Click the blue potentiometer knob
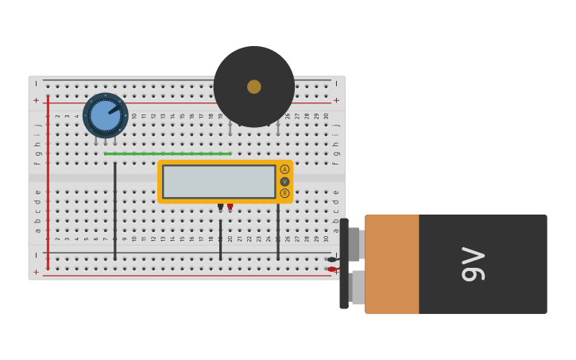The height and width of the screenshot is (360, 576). point(105,115)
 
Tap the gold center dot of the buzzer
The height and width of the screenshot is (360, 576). point(254,87)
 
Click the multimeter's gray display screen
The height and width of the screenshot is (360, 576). point(219,181)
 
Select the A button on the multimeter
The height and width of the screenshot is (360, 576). point(284,169)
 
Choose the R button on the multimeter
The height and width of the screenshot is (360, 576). point(284,193)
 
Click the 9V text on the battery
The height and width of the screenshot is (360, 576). point(473,264)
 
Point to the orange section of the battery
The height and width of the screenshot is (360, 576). point(392,264)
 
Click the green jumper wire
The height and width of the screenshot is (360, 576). point(167,153)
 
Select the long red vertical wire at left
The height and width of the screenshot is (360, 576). point(48,183)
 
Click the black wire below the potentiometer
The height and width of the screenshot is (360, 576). point(115,211)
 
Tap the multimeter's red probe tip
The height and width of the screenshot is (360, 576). point(230,207)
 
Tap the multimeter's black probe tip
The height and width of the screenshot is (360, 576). point(220,207)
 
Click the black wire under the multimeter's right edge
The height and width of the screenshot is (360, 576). point(278,230)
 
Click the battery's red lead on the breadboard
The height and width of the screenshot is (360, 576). point(331,269)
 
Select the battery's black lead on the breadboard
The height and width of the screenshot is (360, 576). point(331,259)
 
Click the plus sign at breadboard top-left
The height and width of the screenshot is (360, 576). point(36,100)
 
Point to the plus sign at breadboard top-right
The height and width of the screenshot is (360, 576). point(336,100)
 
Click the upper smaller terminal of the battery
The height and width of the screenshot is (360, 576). point(355,244)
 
